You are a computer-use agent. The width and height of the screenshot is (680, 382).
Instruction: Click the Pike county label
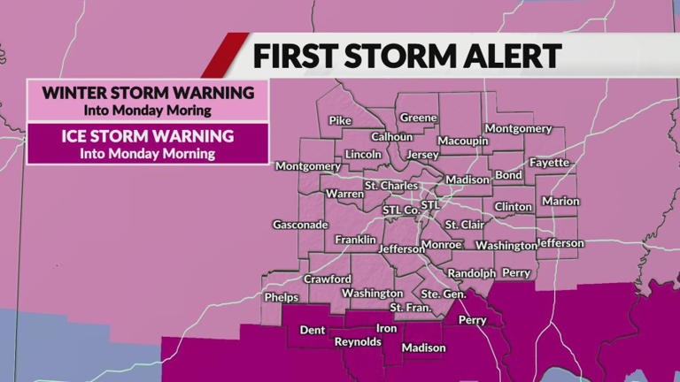point(341,120)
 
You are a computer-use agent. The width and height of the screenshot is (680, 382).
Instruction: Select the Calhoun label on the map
point(391,137)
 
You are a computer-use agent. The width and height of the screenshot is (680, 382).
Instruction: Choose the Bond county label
point(508,175)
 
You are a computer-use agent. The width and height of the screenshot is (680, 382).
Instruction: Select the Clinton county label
point(514,207)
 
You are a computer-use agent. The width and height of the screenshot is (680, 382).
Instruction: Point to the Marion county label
point(560,202)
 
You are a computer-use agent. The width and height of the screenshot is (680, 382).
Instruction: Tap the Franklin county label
point(355,240)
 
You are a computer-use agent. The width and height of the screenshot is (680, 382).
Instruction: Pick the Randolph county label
point(471,273)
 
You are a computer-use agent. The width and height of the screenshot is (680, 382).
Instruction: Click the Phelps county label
point(282,298)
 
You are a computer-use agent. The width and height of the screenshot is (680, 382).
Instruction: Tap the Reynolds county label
point(358,342)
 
